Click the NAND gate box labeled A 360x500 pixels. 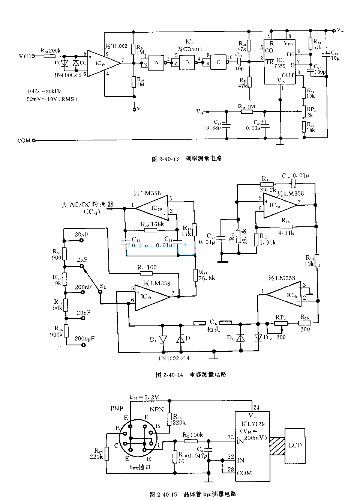156,63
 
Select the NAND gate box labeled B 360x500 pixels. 187,63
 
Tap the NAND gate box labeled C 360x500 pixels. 218,63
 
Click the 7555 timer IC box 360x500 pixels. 280,62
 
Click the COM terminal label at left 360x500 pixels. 24,141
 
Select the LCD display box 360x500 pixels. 295,445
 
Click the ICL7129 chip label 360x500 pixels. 253,424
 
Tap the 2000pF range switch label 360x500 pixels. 85,338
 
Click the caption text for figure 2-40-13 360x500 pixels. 186,159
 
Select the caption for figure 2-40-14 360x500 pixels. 190,374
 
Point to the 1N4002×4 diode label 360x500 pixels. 174,358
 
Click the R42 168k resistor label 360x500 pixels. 152,224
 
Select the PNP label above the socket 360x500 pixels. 117,408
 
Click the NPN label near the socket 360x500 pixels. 157,409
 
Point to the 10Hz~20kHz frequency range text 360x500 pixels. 43,91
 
